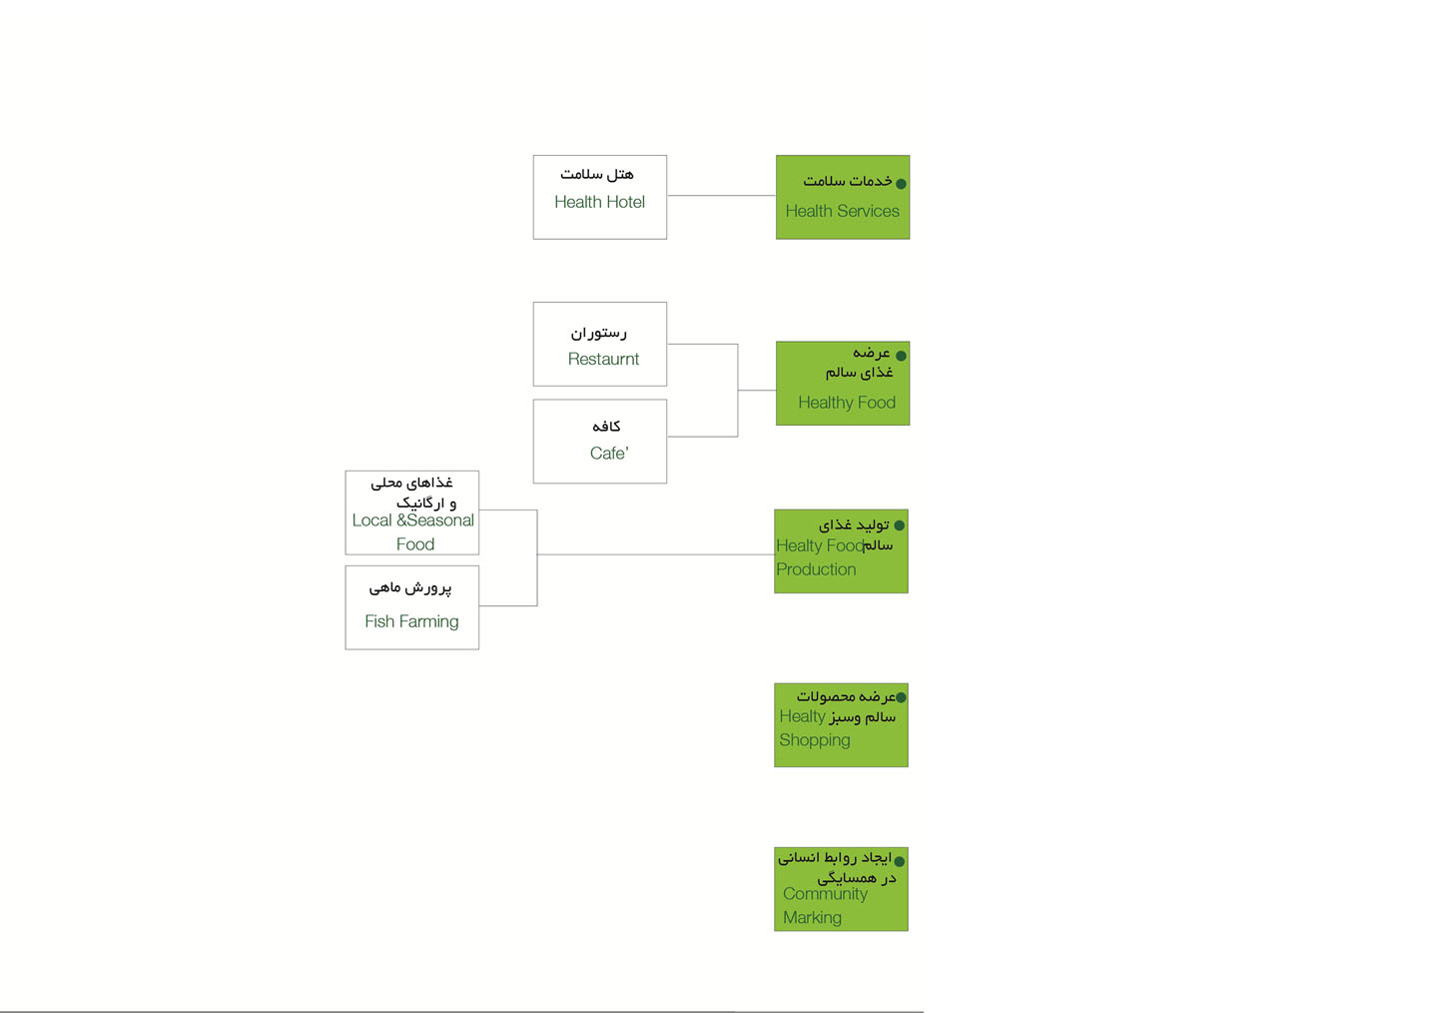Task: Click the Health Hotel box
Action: point(599,197)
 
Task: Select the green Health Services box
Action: point(842,197)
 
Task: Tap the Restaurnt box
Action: point(599,344)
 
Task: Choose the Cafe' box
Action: point(599,442)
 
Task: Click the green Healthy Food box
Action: point(842,384)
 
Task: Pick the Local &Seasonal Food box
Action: point(411,512)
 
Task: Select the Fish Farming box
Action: point(411,607)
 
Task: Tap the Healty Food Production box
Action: point(841,551)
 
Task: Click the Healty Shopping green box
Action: point(841,725)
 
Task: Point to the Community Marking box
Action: point(841,889)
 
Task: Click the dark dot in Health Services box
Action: point(901,184)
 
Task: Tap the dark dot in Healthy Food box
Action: point(901,356)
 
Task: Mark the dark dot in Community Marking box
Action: point(900,861)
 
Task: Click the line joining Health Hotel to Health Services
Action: point(721,196)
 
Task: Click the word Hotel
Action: point(625,202)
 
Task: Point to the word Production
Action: point(816,569)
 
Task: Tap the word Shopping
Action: point(815,740)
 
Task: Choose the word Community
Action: point(825,894)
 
